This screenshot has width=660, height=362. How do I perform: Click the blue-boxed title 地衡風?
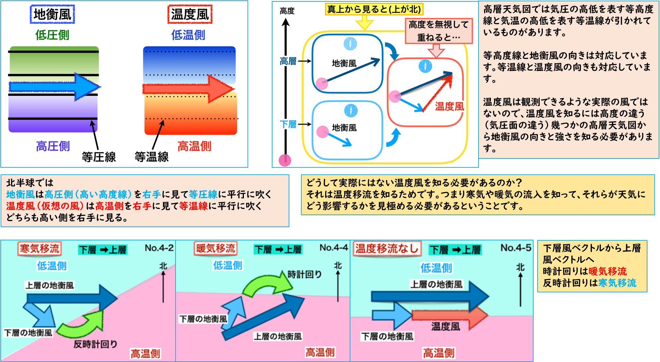[x=52, y=14]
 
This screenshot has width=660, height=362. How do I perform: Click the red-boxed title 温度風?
[x=190, y=14]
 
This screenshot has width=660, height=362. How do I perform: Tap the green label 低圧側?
[x=52, y=35]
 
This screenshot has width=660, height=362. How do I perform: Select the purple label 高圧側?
[x=53, y=146]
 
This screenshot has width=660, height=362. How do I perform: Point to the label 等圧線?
[x=99, y=157]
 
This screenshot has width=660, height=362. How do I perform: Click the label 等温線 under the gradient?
[x=151, y=157]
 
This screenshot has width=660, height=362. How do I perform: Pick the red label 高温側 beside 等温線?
[x=194, y=146]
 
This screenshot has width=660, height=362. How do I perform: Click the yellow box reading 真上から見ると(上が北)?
[x=374, y=9]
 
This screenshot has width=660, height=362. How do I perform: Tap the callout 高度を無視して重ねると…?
[x=439, y=31]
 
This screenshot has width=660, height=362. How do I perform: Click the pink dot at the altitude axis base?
[x=285, y=160]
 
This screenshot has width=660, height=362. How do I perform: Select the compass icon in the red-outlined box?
[x=425, y=66]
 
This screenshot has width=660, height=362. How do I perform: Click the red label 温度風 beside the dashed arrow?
[x=450, y=106]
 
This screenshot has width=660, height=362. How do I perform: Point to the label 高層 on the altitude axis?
[x=288, y=61]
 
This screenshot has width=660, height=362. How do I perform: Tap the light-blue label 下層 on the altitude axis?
[x=288, y=124]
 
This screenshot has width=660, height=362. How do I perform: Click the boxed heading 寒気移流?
[x=39, y=248]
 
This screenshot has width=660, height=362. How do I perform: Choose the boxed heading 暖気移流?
[x=215, y=248]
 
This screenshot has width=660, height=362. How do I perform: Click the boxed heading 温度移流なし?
[x=387, y=248]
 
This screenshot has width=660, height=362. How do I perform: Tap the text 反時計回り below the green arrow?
[x=95, y=344]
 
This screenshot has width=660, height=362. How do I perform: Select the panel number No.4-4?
[x=333, y=248]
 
